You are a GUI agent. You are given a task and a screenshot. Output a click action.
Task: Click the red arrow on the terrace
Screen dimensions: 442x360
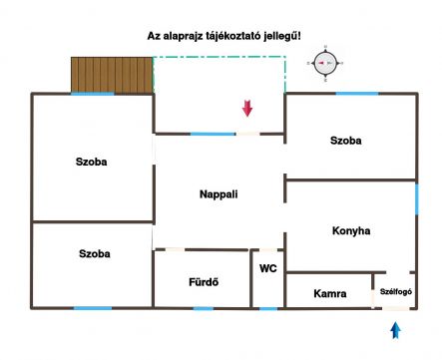[x=247, y=109]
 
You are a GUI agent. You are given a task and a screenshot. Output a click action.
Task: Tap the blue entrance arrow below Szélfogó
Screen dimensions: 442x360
[x=395, y=330]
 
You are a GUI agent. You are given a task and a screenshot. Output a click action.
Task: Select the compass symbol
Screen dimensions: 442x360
[x=325, y=63]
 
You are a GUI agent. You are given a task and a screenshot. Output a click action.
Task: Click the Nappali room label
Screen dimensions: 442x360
[x=219, y=194]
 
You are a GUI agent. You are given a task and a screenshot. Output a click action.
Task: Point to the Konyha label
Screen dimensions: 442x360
[x=351, y=230]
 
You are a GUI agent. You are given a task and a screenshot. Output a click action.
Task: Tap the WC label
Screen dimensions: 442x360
[x=268, y=268]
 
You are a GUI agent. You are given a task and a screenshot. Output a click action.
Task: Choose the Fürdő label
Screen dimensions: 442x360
[x=204, y=282]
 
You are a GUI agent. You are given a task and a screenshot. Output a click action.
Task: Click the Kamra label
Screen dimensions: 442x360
[x=330, y=293]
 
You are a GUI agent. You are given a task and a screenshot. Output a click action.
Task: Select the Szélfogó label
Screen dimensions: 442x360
[x=396, y=291]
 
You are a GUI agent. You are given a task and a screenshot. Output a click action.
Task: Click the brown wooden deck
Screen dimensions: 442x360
[x=112, y=75]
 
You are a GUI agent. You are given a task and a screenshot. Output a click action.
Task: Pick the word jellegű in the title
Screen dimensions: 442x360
[x=282, y=36]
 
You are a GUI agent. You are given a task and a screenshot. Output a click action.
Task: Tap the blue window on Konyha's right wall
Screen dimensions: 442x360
[x=417, y=199]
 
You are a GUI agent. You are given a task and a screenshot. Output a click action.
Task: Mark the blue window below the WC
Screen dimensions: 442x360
[x=268, y=309]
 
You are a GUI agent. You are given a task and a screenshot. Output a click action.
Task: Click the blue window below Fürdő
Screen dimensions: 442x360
[x=204, y=309]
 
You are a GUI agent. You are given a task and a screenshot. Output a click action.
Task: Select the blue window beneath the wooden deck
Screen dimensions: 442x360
[x=93, y=94]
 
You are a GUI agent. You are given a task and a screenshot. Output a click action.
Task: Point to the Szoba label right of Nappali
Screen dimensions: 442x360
[x=346, y=141]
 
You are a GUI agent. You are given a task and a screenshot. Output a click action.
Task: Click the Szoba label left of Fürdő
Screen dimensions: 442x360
[x=95, y=253]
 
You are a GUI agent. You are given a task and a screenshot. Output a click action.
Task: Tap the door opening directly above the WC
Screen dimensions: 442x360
[x=268, y=249]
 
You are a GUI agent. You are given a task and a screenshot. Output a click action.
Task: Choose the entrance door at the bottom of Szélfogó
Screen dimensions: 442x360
[x=396, y=309]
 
